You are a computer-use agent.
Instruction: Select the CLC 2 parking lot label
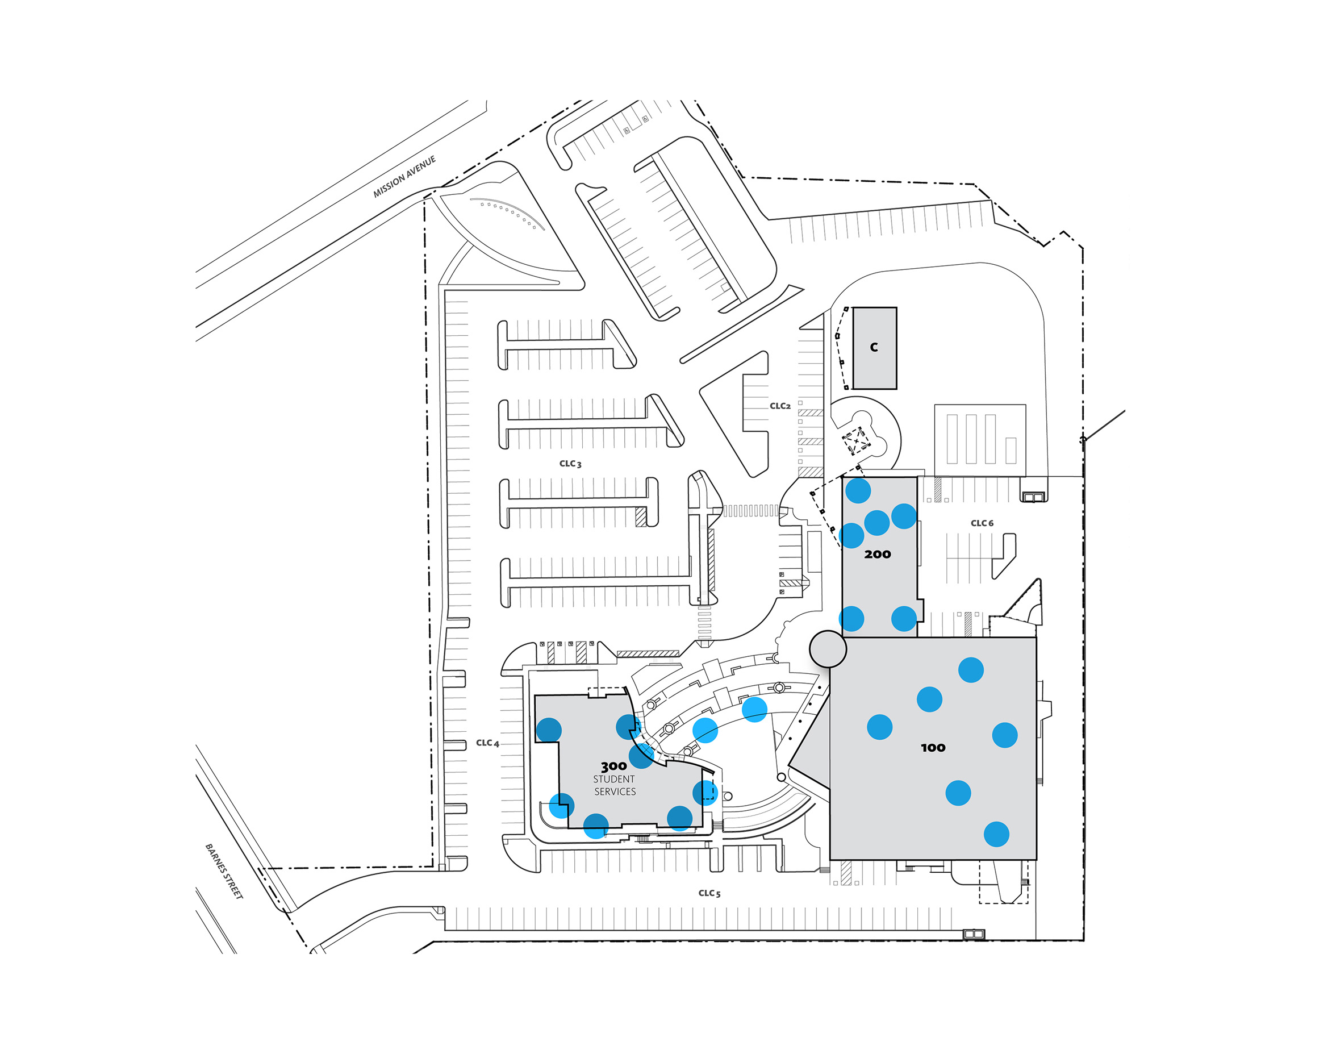click(780, 406)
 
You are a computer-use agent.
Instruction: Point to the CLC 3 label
click(570, 464)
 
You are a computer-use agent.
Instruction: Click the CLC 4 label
click(487, 743)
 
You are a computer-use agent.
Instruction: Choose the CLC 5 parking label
click(709, 893)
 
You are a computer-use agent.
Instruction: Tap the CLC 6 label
click(982, 523)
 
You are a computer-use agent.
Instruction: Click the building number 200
click(877, 554)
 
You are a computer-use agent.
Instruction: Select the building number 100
click(933, 748)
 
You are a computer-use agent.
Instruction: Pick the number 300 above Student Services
click(613, 766)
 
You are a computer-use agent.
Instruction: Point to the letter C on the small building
click(874, 347)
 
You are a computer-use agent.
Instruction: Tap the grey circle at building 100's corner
click(828, 648)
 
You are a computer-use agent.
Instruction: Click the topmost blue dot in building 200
click(857, 490)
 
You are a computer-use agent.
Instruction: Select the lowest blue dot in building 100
click(996, 834)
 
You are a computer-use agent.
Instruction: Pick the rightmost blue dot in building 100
click(1004, 735)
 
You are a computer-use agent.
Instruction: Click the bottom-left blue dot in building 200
click(851, 618)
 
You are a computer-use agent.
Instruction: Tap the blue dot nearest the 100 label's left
click(879, 727)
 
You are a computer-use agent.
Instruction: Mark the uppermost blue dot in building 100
click(970, 669)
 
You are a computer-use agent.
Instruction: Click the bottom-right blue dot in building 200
click(904, 618)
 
